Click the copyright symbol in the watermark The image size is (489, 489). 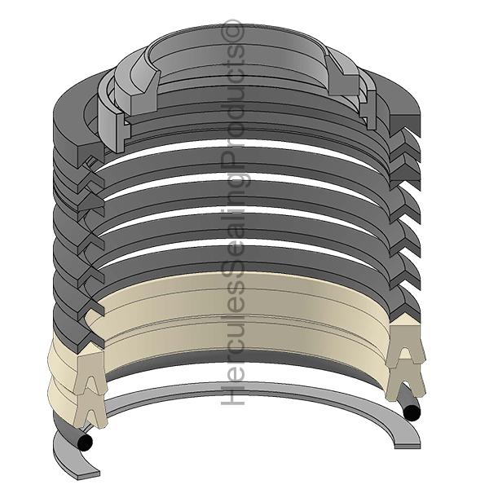232,30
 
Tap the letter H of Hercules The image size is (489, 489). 232,394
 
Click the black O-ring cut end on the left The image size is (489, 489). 85,441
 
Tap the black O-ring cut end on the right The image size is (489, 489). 412,412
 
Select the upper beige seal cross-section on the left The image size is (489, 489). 90,372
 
